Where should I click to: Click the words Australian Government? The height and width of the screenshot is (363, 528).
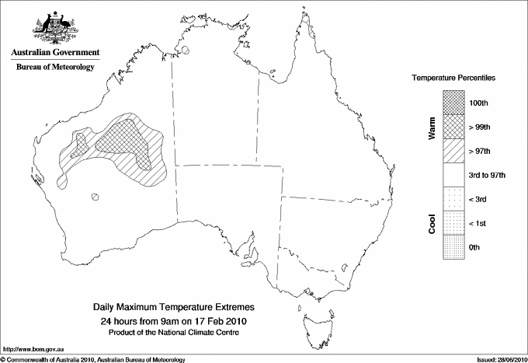coord(54,53)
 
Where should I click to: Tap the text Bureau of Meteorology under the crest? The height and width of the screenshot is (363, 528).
coord(55,68)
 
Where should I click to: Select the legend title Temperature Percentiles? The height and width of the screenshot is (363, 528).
coord(453,79)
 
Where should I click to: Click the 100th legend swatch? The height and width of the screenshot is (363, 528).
coord(453,101)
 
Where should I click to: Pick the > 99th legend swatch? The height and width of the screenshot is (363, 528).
coord(453,125)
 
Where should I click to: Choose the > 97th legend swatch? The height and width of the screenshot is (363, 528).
coord(453,149)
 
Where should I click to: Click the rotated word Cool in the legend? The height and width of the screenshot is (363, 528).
coord(432,222)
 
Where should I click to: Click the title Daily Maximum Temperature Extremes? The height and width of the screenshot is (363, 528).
coord(174,308)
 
